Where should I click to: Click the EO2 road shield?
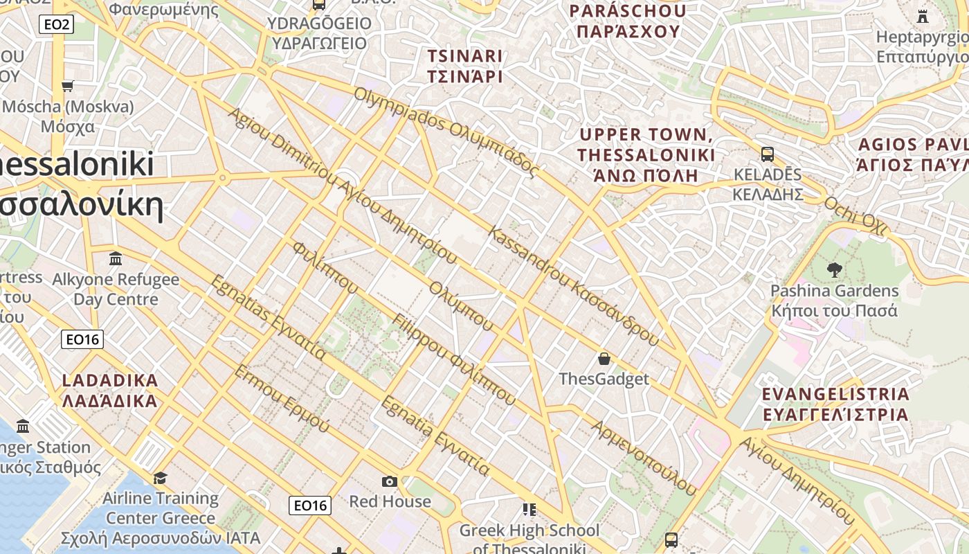coord(56,25)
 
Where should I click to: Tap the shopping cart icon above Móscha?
coord(67,87)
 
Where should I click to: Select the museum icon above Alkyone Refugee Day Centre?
coord(116,259)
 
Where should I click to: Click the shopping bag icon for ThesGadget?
coord(604,359)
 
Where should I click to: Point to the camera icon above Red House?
coord(390,481)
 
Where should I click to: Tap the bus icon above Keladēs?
coord(767,154)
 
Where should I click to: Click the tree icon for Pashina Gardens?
coord(834,270)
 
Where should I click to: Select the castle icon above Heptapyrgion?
coord(923,16)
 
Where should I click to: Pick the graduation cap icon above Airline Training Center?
coord(160,478)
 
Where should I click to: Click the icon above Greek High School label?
coord(529,510)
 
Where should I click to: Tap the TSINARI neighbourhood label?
coord(464,66)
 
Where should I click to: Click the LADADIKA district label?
coord(110,390)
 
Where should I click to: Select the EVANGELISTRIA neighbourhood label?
coord(835,404)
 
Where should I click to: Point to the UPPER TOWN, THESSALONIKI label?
coord(646,154)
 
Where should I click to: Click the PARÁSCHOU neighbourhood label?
coord(628,21)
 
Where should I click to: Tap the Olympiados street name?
coord(446,132)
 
